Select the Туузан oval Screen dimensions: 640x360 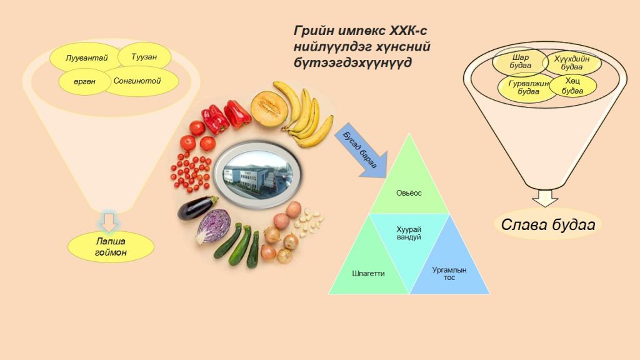(144, 56)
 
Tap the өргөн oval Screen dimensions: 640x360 (85, 81)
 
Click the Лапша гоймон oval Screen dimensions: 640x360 (111, 247)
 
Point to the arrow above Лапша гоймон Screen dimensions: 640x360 (109, 222)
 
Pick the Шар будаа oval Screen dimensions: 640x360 (520, 62)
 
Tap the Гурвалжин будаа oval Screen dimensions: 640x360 (528, 87)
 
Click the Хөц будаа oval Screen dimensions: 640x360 (572, 86)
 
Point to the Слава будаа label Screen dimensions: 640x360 (547, 224)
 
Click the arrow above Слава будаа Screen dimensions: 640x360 (545, 198)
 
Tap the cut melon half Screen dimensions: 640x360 (269, 109)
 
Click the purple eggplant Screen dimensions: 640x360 (197, 207)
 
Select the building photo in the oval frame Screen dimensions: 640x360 (257, 174)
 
